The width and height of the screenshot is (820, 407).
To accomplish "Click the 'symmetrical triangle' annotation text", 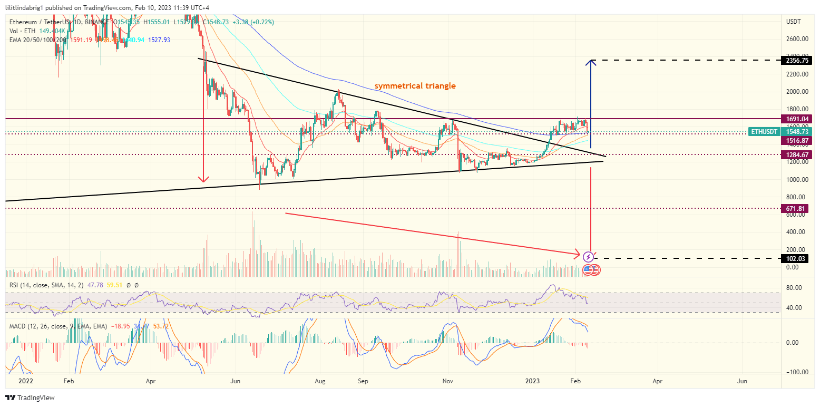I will pyautogui.click(x=415, y=86).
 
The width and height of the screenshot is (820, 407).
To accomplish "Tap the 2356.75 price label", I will pyautogui.click(x=797, y=61).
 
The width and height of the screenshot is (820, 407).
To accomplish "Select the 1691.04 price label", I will pyautogui.click(x=797, y=119).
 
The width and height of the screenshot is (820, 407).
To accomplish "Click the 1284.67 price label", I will pyautogui.click(x=797, y=155).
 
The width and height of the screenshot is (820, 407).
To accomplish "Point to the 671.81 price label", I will pyautogui.click(x=797, y=209).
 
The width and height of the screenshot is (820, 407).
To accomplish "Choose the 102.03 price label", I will pyautogui.click(x=797, y=258).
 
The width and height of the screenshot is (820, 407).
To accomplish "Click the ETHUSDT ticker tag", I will pyautogui.click(x=763, y=131).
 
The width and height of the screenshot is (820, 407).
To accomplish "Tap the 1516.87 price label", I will pyautogui.click(x=797, y=141).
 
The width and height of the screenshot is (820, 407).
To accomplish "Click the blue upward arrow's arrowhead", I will pyautogui.click(x=591, y=63).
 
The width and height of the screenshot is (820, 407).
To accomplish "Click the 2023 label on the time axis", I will pyautogui.click(x=532, y=380).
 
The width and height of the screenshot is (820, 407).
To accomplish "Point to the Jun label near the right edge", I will pyautogui.click(x=742, y=380).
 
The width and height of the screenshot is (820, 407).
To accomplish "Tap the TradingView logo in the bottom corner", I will pyautogui.click(x=30, y=398).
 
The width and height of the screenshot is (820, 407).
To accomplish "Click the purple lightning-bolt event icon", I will pyautogui.click(x=589, y=257).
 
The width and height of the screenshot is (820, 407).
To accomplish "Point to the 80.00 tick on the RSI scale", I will pyautogui.click(x=794, y=288).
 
